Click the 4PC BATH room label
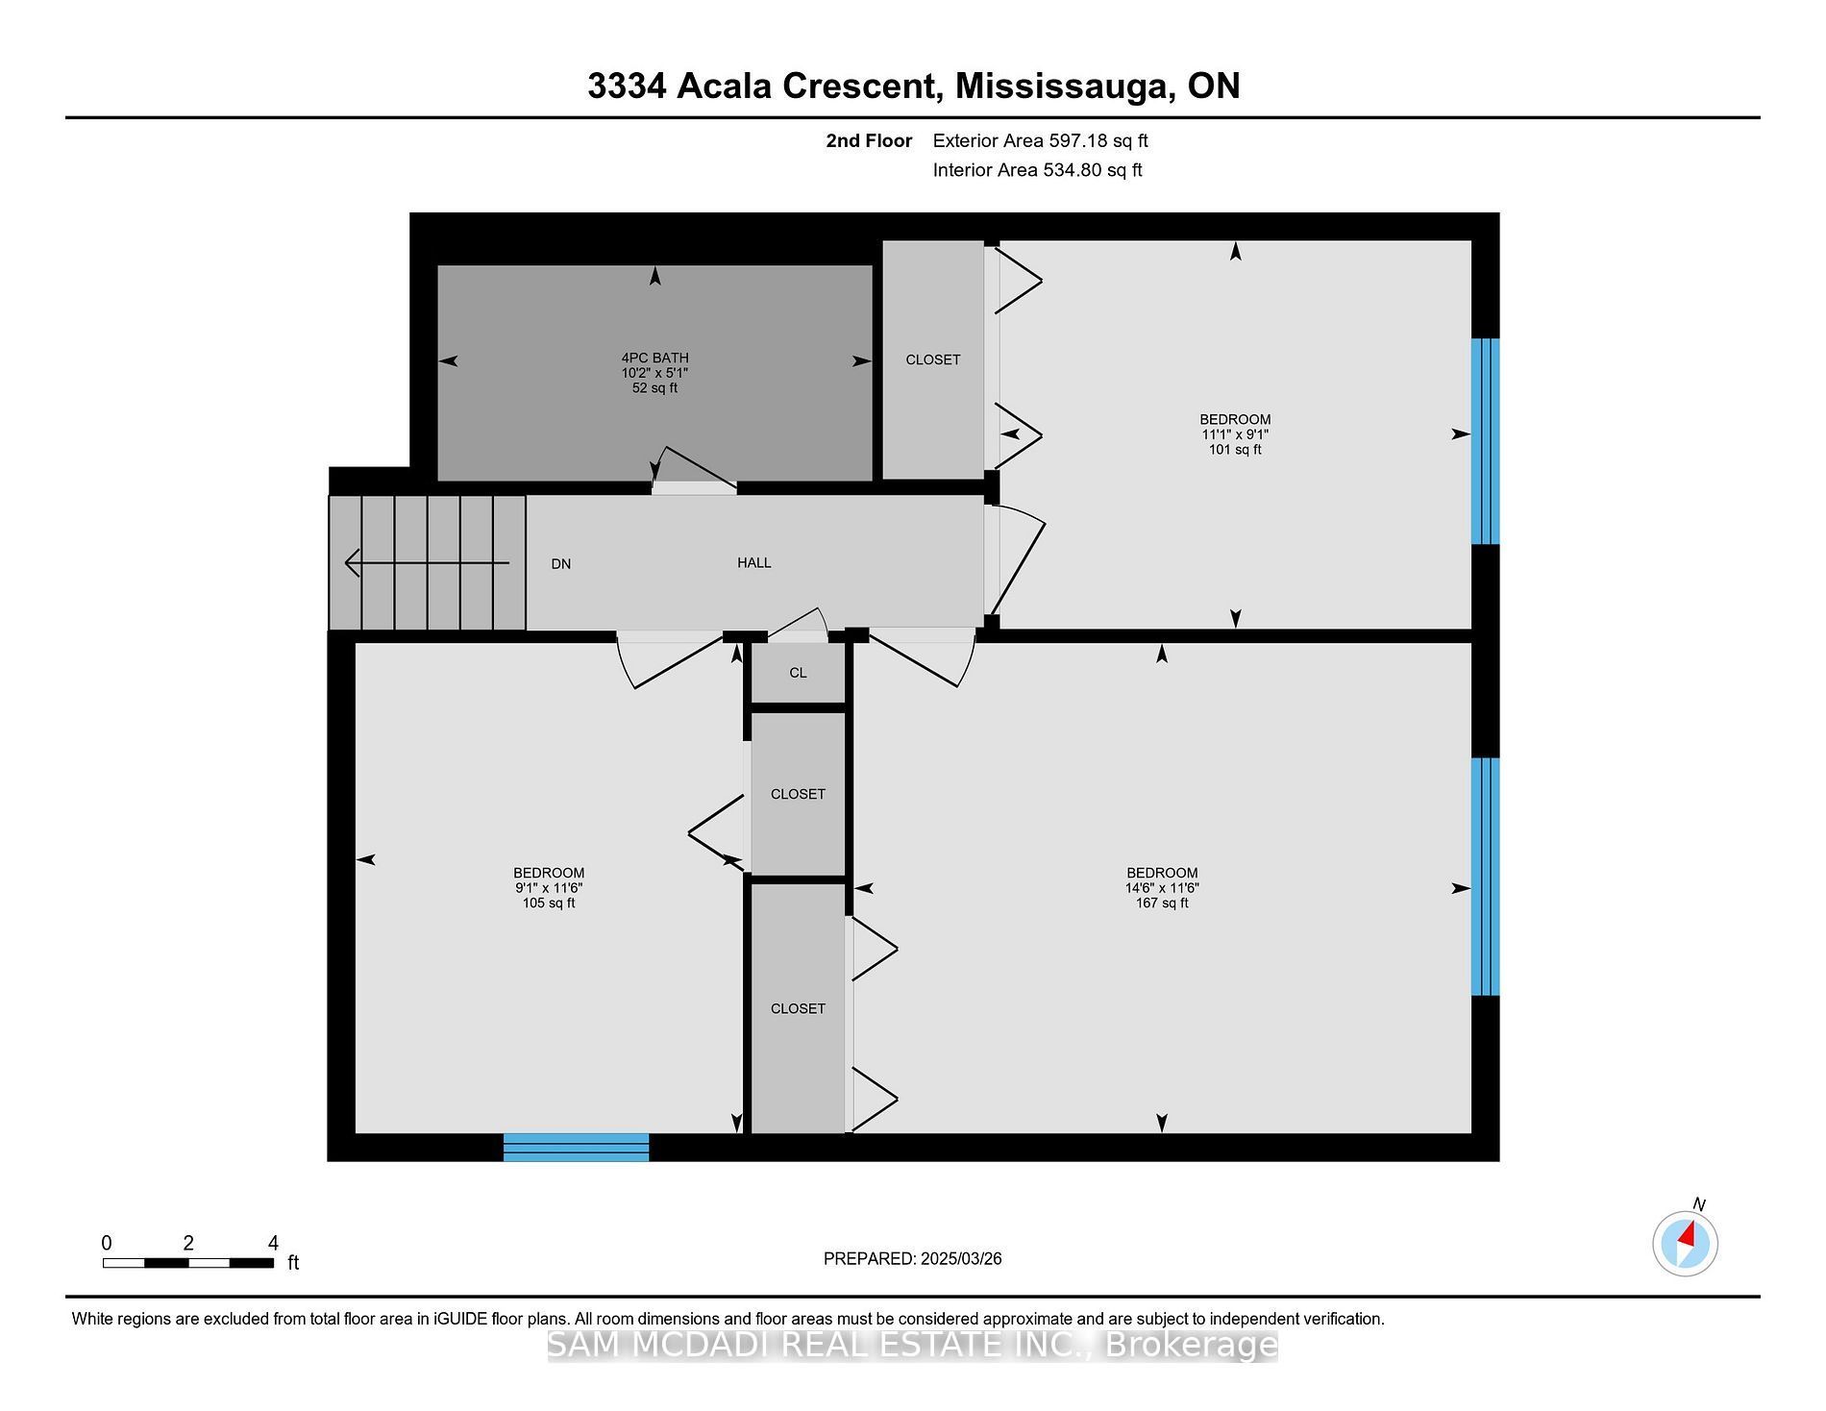pos(654,358)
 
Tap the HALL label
pos(754,562)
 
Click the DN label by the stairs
pos(561,564)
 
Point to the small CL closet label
pos(799,673)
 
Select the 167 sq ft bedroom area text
pos(1162,904)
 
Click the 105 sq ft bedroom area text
pos(549,904)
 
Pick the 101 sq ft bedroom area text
pos(1235,450)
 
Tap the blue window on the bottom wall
pos(577,1148)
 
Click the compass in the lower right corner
pos(1686,1244)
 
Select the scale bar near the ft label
pos(188,1263)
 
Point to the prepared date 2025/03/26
pos(961,1259)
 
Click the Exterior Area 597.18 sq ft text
pos(1041,141)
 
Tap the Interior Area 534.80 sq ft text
pos(1038,170)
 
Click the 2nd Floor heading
pos(869,141)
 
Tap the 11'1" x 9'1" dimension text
pos(1235,434)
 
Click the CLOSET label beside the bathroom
pos(933,359)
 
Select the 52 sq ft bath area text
pos(654,388)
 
